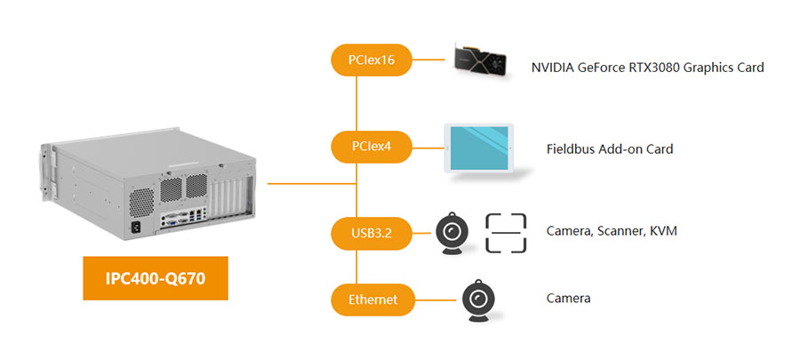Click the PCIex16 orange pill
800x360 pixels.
point(370,60)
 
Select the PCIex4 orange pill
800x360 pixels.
point(370,147)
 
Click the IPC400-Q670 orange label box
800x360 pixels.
point(156,278)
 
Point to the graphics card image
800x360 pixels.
point(482,60)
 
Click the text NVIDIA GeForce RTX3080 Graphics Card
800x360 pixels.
point(647,68)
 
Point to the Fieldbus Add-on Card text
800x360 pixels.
point(609,149)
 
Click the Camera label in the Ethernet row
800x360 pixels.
point(568,299)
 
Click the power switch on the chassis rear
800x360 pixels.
point(136,227)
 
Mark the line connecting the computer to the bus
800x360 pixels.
point(311,184)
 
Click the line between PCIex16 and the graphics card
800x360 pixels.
point(432,60)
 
